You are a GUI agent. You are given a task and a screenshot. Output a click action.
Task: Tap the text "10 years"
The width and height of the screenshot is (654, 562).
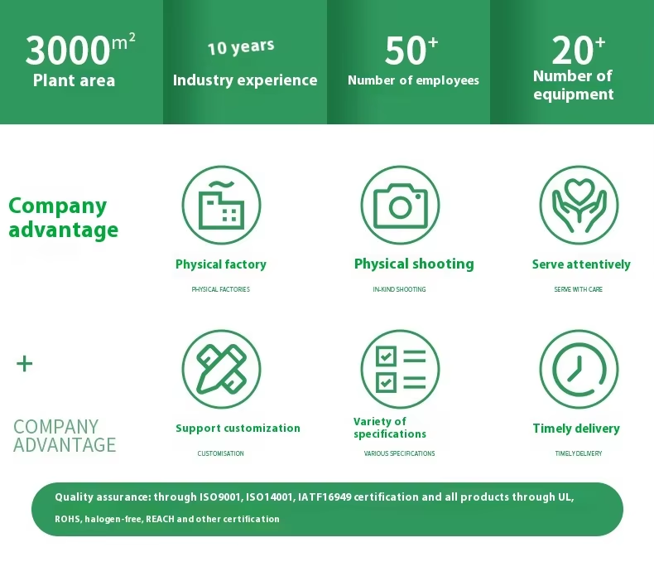[x=241, y=46]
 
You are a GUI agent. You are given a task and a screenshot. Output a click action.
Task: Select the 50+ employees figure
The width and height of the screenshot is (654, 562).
[x=411, y=50]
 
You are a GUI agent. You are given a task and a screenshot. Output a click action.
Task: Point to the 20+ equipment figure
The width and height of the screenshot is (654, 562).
[x=578, y=50]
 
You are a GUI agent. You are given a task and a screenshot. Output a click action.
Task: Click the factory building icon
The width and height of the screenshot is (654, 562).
[x=221, y=205]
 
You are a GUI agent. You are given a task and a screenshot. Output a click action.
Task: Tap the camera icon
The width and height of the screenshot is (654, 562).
[x=400, y=206]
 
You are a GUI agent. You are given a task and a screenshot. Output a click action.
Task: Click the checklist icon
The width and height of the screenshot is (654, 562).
[x=401, y=370]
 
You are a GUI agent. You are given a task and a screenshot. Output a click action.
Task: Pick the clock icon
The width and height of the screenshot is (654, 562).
[x=579, y=370]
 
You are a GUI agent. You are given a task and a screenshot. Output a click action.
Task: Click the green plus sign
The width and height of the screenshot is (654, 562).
[x=24, y=364]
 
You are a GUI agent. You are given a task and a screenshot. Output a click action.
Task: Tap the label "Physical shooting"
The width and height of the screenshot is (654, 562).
[x=414, y=264]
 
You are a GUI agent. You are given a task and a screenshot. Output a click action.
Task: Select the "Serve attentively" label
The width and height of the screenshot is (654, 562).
[x=581, y=264]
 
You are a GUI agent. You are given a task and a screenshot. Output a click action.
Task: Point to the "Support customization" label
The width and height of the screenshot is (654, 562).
[x=238, y=429]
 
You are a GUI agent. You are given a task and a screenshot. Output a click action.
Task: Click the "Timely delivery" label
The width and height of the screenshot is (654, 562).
[x=576, y=429]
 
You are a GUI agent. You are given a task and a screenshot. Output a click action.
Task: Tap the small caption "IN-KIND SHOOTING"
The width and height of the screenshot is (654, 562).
[x=399, y=289]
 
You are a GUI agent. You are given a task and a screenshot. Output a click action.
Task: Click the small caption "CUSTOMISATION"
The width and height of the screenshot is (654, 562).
[x=221, y=453]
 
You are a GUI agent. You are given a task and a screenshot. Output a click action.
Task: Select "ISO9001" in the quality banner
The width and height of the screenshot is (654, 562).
[x=220, y=497]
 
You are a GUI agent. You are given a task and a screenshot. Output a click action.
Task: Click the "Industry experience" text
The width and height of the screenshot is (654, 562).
[x=245, y=80]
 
